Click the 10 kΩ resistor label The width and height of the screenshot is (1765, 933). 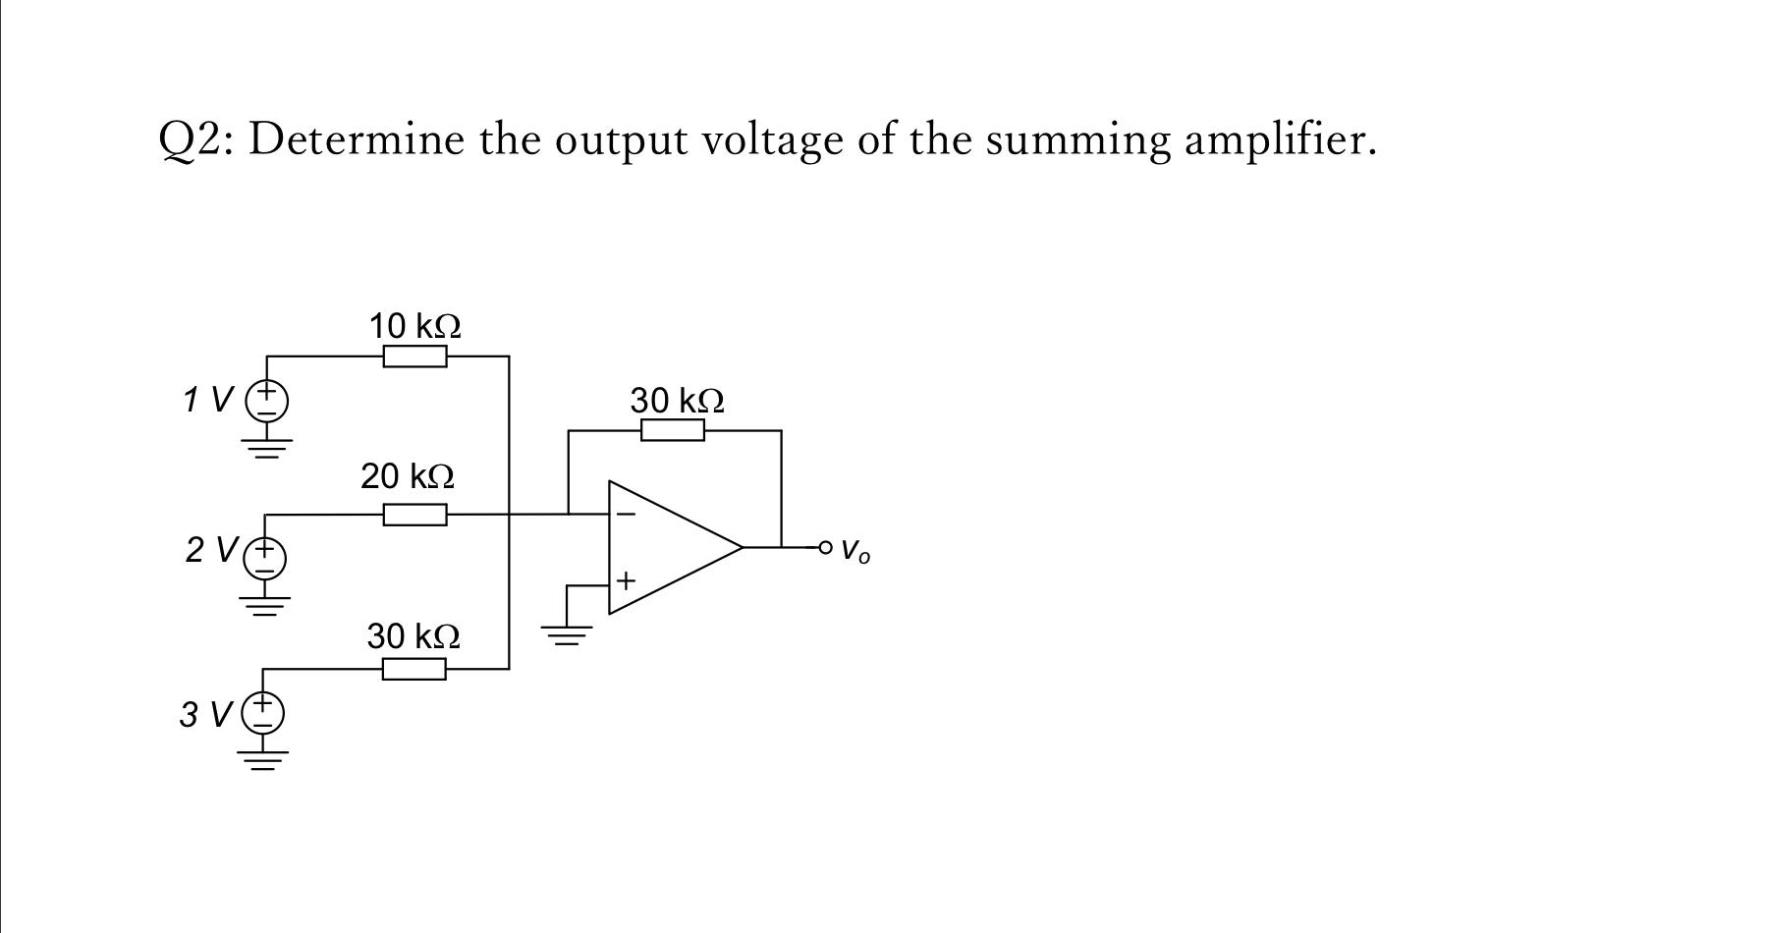pyautogui.click(x=414, y=325)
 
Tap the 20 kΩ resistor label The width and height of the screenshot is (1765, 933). pyautogui.click(x=407, y=476)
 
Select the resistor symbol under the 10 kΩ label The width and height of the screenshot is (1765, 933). pyautogui.click(x=414, y=357)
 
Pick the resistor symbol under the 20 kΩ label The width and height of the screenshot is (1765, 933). pyautogui.click(x=414, y=515)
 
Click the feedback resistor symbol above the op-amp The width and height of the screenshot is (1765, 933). pyautogui.click(x=672, y=430)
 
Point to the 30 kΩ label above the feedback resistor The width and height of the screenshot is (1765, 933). pyautogui.click(x=677, y=401)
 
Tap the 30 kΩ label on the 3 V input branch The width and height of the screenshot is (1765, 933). pyautogui.click(x=414, y=636)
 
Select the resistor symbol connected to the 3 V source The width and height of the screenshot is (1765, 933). pyautogui.click(x=414, y=670)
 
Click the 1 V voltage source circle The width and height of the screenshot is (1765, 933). pyautogui.click(x=266, y=401)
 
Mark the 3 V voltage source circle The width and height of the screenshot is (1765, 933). pyautogui.click(x=263, y=713)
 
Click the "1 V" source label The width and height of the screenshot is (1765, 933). pyautogui.click(x=207, y=400)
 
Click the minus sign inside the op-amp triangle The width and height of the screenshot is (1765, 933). pyautogui.click(x=626, y=514)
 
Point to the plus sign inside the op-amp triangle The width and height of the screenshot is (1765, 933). pyautogui.click(x=626, y=581)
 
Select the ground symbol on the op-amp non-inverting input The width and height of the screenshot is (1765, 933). pyautogui.click(x=567, y=634)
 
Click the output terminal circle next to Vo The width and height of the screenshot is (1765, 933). pyautogui.click(x=825, y=547)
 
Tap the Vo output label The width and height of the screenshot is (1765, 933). pyautogui.click(x=855, y=550)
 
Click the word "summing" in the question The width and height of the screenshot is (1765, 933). pyautogui.click(x=1077, y=140)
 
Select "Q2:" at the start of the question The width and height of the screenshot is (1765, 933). pyautogui.click(x=195, y=140)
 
